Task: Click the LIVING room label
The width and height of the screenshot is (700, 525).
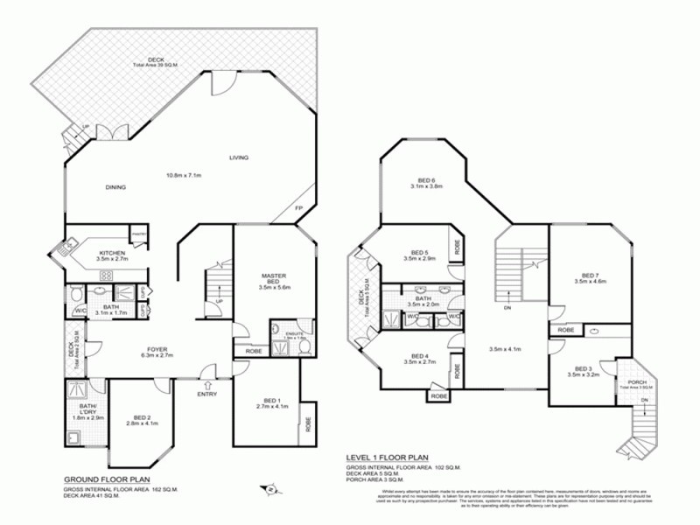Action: [239, 157]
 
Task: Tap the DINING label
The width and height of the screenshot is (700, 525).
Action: [115, 187]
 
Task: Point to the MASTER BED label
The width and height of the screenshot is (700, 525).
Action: [275, 280]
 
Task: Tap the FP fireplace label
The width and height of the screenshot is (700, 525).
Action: [298, 207]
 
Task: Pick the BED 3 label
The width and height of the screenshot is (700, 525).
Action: [584, 368]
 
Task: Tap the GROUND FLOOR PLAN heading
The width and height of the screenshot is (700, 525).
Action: [106, 480]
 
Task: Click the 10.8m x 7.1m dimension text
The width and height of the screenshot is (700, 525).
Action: [184, 175]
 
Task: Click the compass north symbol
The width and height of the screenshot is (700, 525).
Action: [272, 489]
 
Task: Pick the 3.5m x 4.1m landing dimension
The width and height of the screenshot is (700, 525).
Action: [505, 349]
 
